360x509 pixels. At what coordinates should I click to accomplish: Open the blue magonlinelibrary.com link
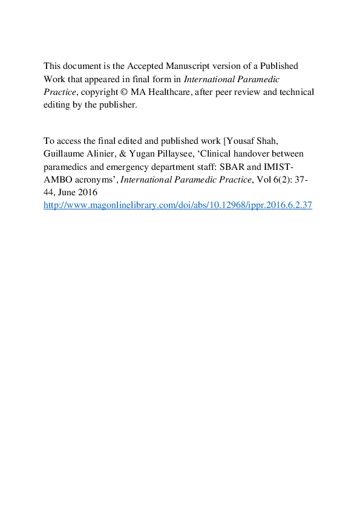point(177,205)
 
